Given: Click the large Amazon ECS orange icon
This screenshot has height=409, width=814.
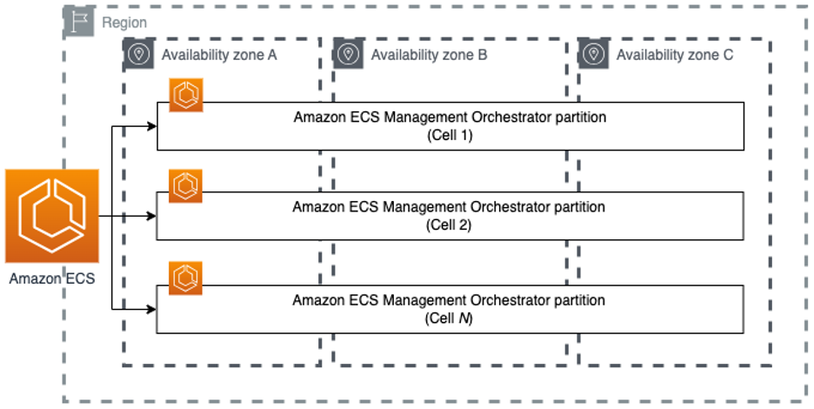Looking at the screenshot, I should (x=51, y=216).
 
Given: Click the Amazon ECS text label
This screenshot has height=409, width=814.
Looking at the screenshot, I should (x=51, y=279).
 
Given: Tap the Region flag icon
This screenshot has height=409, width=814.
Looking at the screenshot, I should (x=79, y=23).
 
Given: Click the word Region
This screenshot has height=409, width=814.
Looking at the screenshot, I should (x=124, y=23).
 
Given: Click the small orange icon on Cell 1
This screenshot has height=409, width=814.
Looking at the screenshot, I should (x=186, y=96).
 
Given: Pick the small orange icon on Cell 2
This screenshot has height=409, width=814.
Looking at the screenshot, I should (x=186, y=185).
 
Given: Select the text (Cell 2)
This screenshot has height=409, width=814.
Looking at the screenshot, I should (x=449, y=225).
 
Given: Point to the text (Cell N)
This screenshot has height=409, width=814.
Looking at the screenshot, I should (x=449, y=318).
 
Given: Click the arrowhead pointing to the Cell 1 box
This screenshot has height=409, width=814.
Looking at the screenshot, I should (x=151, y=126).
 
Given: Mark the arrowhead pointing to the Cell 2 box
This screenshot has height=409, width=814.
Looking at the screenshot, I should (x=151, y=216).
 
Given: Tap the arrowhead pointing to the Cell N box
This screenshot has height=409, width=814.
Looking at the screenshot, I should (x=151, y=308).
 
